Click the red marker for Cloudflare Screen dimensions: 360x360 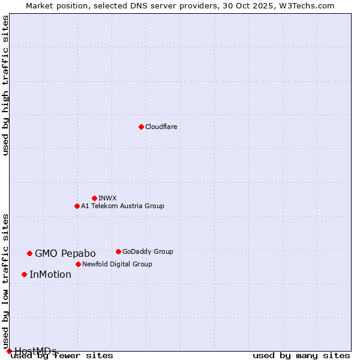141,127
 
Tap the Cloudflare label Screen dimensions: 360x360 161,127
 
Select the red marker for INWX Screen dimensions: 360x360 94,198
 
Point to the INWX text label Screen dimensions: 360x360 107,198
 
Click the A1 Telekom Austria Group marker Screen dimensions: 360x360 77,206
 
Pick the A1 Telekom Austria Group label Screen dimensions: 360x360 122,206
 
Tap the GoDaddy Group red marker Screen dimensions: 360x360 118,251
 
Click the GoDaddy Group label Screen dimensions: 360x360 148,251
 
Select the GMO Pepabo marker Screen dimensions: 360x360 29,253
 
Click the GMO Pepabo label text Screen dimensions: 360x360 65,253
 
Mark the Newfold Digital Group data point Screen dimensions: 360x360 78,264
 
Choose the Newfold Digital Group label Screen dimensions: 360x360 117,264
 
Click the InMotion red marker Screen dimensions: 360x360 24,274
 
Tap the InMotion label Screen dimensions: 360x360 50,275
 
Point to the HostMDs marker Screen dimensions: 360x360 9,351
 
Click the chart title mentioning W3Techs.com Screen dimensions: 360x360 180,5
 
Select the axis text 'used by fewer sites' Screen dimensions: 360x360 62,355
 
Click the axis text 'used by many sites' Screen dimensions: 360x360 301,355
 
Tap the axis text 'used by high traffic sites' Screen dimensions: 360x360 6,85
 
